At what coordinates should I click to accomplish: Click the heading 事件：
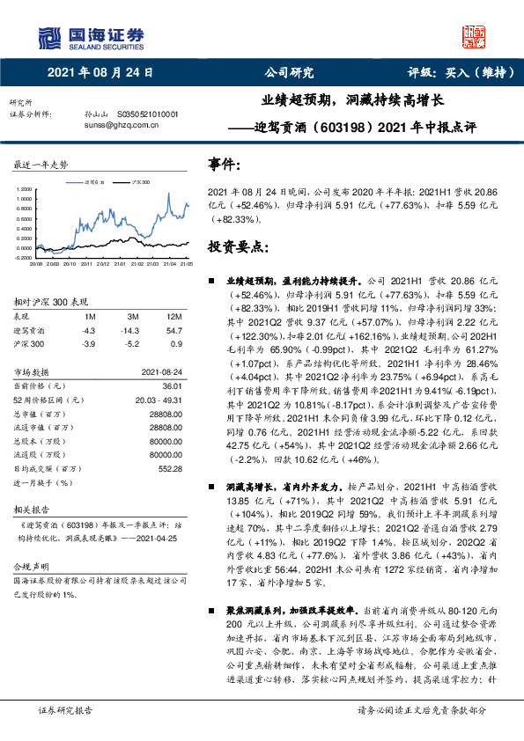point(223,165)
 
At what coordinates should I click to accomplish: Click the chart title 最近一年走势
point(41,165)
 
